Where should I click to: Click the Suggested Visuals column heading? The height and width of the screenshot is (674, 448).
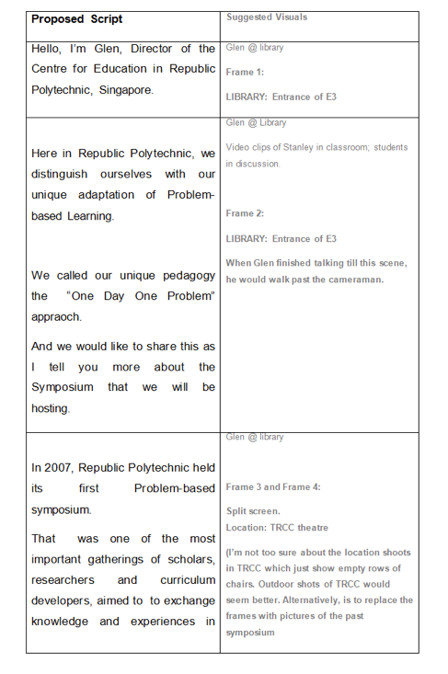(x=267, y=17)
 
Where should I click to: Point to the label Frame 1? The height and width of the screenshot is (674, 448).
(x=245, y=72)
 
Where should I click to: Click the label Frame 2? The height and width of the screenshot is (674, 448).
(x=245, y=213)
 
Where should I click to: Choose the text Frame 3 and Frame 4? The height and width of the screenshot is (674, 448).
(x=273, y=486)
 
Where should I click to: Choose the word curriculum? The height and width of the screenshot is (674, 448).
(x=187, y=580)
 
